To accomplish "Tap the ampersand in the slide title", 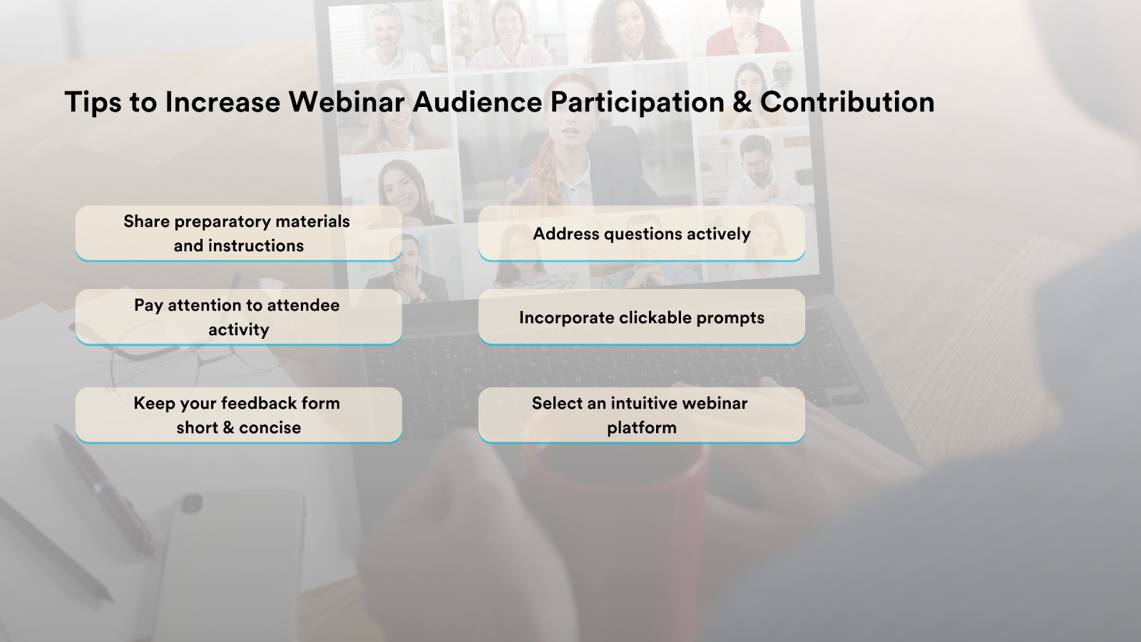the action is coord(742,102).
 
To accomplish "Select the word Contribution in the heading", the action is coord(847,102).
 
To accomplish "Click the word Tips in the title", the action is coord(93,103).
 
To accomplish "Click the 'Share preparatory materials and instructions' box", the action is coord(238,233).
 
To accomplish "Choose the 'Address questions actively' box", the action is coord(642,233).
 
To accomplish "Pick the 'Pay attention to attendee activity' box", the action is coord(238,317).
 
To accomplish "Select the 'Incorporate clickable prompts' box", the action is coord(642,317).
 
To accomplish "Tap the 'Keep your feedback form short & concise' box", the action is coord(238,414).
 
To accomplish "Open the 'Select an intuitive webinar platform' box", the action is coord(642,414).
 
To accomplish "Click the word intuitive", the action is coord(643,403).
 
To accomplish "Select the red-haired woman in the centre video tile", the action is coord(566,143).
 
